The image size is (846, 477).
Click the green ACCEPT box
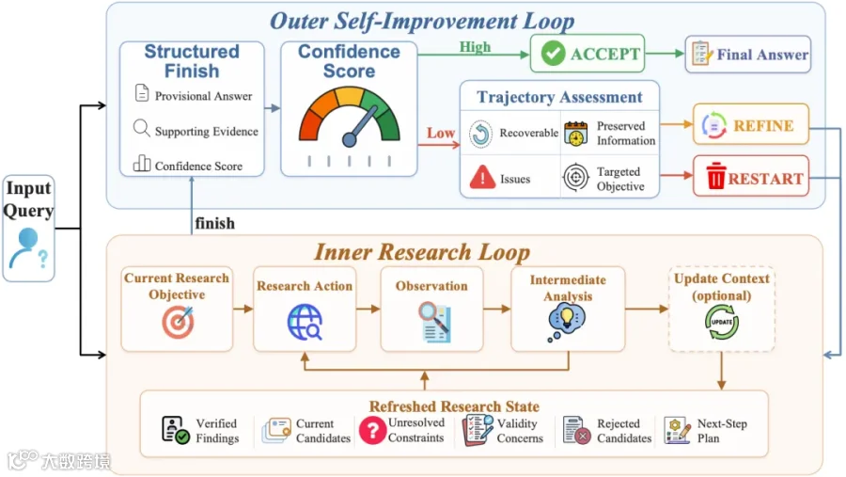pos(587,54)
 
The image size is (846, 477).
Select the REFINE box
pos(751,125)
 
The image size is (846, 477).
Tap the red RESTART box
pos(751,176)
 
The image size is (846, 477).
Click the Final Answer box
pos(748,54)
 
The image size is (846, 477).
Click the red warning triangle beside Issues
pos(482,177)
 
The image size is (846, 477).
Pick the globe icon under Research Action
pos(305,323)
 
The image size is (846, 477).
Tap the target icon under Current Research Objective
pos(178,323)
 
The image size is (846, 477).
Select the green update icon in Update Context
pos(721,322)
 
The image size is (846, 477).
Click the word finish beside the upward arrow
pos(214,223)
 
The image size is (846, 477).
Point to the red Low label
pos(441,133)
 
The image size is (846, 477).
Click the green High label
pos(475,47)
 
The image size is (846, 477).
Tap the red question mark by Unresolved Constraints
pos(372,431)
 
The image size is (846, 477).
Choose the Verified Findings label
pos(217,431)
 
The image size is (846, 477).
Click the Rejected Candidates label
pos(624,431)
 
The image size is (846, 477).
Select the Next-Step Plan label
pos(722,431)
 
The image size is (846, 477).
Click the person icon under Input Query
pos(28,248)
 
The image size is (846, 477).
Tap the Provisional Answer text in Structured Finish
pos(203,96)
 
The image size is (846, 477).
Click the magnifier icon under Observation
pos(434,323)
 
